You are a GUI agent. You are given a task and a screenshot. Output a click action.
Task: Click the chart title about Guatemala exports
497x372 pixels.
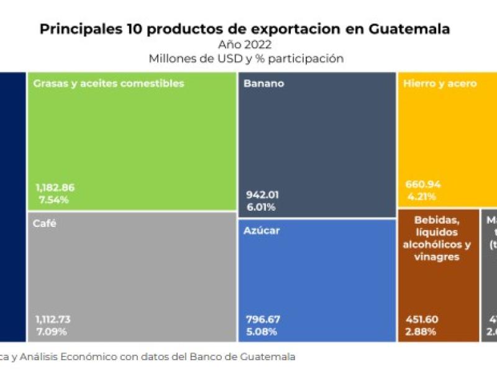(245, 29)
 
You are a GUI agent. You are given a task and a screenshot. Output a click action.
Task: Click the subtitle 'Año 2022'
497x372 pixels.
(245, 45)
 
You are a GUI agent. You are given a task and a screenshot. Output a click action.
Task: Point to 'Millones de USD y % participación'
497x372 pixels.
(246, 59)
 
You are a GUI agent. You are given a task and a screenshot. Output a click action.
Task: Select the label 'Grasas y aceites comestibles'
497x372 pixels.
(109, 83)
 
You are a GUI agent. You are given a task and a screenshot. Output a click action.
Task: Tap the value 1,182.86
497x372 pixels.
(55, 187)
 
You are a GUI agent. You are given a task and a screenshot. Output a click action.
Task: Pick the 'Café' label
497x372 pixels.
(45, 224)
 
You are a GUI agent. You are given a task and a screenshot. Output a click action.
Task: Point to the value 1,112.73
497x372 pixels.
(53, 319)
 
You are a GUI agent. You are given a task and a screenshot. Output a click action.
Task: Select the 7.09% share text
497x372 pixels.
(52, 331)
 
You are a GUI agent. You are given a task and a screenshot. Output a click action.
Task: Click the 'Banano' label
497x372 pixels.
(264, 83)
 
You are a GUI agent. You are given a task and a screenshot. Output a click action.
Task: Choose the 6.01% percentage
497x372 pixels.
(261, 206)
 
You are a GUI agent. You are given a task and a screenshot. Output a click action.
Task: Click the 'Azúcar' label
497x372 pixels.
(262, 231)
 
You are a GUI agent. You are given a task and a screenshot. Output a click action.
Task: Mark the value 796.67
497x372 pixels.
(263, 319)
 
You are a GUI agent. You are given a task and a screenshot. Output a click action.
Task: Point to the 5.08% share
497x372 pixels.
(262, 331)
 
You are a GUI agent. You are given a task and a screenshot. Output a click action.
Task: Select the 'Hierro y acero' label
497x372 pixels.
(440, 83)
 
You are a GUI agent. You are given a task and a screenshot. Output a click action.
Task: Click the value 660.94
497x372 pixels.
(423, 184)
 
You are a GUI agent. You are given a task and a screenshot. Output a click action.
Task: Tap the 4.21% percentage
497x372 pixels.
(421, 196)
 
